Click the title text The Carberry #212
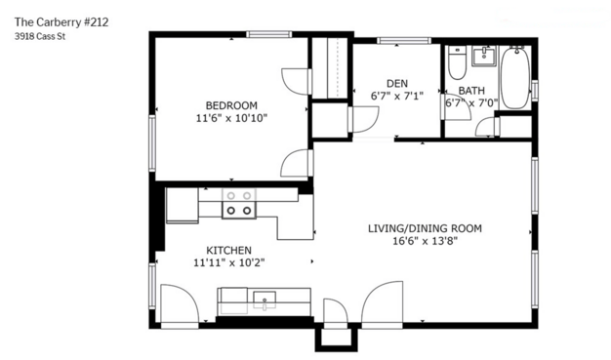pyautogui.click(x=61, y=22)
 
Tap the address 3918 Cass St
pyautogui.click(x=40, y=37)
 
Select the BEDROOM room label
pyautogui.click(x=231, y=105)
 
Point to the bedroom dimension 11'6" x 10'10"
pyautogui.click(x=231, y=118)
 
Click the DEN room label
pyautogui.click(x=397, y=83)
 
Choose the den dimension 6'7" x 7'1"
pyautogui.click(x=396, y=96)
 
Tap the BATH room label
pyautogui.click(x=471, y=91)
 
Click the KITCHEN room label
pyautogui.click(x=228, y=250)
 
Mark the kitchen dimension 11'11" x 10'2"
pyautogui.click(x=229, y=263)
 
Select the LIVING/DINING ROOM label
pyautogui.click(x=425, y=228)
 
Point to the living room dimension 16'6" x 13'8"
pyautogui.click(x=425, y=241)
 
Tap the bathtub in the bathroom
pyautogui.click(x=515, y=78)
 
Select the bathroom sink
pyautogui.click(x=484, y=56)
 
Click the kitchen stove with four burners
pyautogui.click(x=239, y=203)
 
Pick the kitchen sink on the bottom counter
pyautogui.click(x=265, y=300)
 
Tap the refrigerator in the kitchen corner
pyautogui.click(x=182, y=205)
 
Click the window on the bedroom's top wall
pyautogui.click(x=268, y=34)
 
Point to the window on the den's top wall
pyautogui.click(x=404, y=41)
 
